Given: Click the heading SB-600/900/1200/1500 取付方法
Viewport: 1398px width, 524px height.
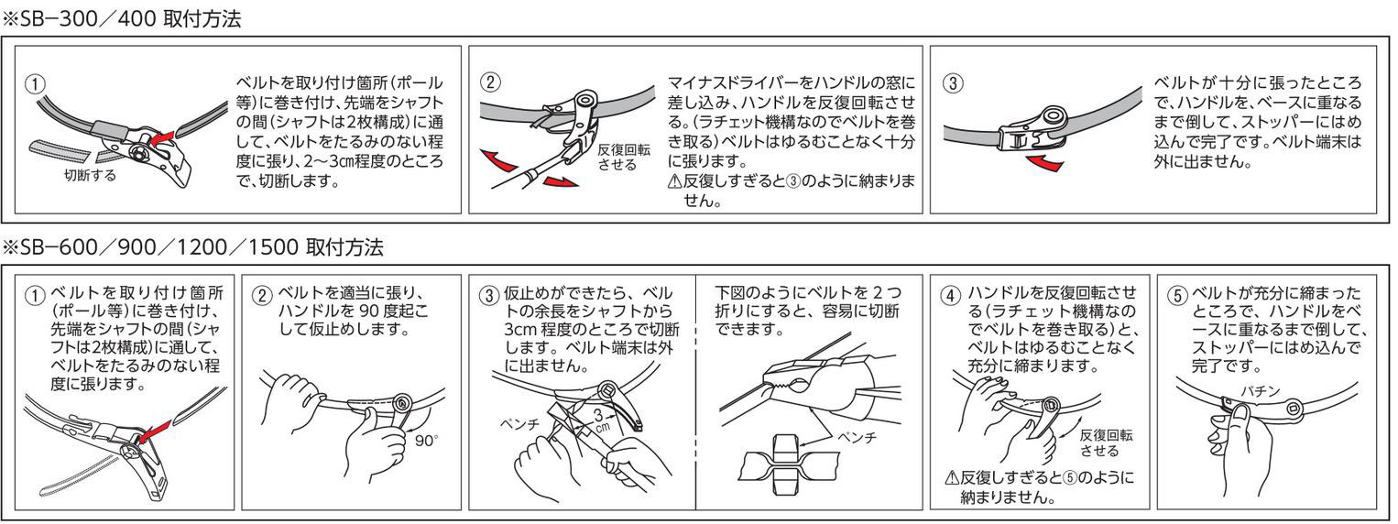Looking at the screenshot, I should tap(194, 247).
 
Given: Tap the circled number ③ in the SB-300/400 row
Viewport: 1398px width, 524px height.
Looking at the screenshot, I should tap(954, 82).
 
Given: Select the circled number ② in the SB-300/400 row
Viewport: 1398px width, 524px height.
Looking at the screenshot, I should tap(490, 82).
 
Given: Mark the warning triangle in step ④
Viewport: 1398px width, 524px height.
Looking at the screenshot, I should tap(952, 478).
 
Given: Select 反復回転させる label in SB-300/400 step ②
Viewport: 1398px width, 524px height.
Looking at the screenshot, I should tap(624, 157).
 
